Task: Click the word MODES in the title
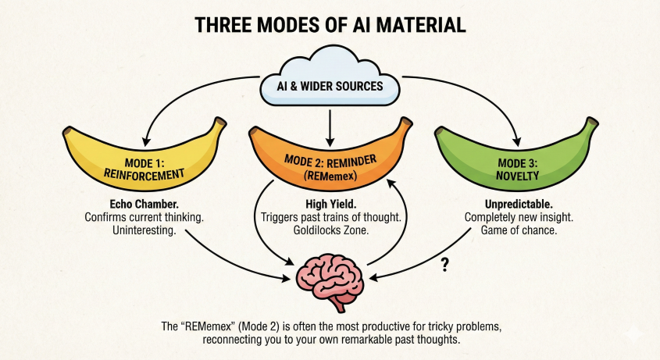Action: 278,24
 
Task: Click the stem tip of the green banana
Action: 594,121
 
